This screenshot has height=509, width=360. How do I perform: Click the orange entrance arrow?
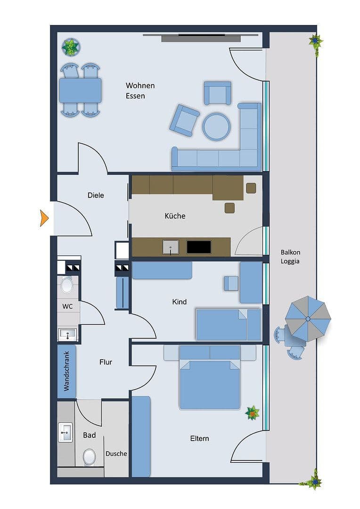(44, 218)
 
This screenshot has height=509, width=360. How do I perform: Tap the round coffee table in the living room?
(216, 126)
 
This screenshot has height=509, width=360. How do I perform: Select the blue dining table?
(80, 90)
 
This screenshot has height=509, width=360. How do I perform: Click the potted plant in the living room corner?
(71, 47)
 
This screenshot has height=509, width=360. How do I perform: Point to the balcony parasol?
(308, 319)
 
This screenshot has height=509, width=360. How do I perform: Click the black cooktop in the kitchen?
(198, 246)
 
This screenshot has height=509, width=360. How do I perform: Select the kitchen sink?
(171, 246)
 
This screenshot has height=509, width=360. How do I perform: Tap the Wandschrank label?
(66, 371)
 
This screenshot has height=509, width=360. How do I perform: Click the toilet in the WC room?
(67, 285)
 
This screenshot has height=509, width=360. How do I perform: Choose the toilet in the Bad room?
(89, 456)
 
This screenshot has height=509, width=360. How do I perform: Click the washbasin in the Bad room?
(65, 432)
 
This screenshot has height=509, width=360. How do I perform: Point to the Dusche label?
(116, 453)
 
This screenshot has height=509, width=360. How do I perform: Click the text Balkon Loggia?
(290, 256)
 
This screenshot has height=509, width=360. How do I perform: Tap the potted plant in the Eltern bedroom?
(252, 413)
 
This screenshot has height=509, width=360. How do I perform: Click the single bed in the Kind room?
(228, 324)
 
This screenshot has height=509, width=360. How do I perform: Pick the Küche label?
(175, 216)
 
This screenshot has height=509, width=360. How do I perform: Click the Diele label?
(96, 195)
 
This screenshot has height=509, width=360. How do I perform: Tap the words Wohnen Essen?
(140, 90)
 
